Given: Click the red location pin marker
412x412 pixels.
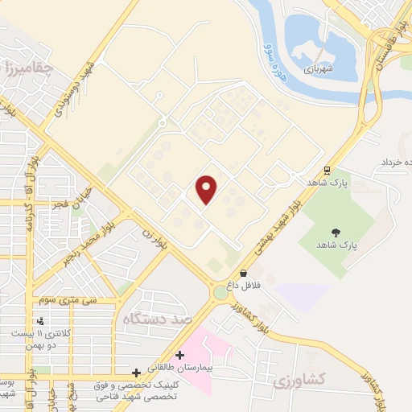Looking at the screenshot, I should click(x=207, y=189).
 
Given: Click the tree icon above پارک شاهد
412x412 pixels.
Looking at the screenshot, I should click(x=336, y=233).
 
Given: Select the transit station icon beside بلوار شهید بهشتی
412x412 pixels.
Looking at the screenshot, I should click(x=327, y=171).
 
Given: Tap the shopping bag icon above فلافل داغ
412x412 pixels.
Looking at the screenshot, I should click(x=244, y=274).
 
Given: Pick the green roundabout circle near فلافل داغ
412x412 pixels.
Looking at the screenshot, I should click(x=220, y=293).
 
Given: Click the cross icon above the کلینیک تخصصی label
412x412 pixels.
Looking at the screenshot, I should click(x=136, y=373).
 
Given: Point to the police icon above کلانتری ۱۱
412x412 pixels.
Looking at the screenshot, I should click(x=41, y=321).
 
